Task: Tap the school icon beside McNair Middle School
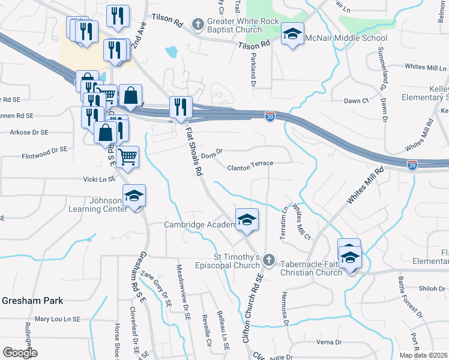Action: coord(292,34)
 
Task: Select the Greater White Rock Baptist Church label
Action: coord(243,25)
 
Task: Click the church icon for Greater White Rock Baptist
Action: coord(198,25)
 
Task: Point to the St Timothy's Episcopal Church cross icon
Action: coord(269,260)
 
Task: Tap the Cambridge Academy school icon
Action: coord(247,220)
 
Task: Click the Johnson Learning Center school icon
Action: coord(134,196)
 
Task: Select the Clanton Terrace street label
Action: coord(250,163)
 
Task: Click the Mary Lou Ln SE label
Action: coord(57,319)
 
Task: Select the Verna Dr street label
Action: coord(329,342)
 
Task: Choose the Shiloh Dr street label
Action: coord(432,288)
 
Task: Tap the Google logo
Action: coord(20,352)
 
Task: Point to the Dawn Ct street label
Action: coord(356,101)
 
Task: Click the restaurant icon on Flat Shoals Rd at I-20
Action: coord(181,107)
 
